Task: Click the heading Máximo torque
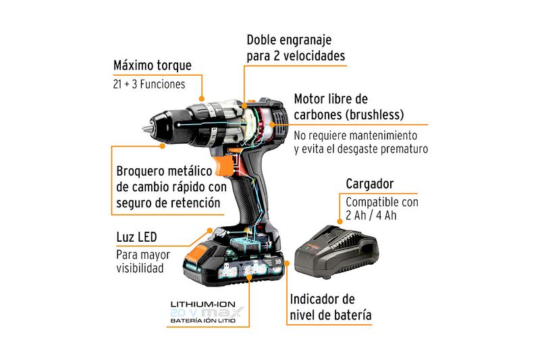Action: pos(153,66)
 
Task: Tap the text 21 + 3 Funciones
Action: pos(148,84)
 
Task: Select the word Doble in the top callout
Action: pos(261,40)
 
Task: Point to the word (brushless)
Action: pos(375,115)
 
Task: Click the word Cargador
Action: pos(369,184)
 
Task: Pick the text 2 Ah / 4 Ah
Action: pos(371,215)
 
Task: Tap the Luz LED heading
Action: pos(136,237)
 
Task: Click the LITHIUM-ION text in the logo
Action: pos(203,304)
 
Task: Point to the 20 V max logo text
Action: pos(207,313)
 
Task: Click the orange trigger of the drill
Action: pos(223,165)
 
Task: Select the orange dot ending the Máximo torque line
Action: pos(202,99)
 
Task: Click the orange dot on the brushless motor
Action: pos(273,125)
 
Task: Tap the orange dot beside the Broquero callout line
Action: pos(163,146)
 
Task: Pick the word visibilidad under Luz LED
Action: pos(140,268)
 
